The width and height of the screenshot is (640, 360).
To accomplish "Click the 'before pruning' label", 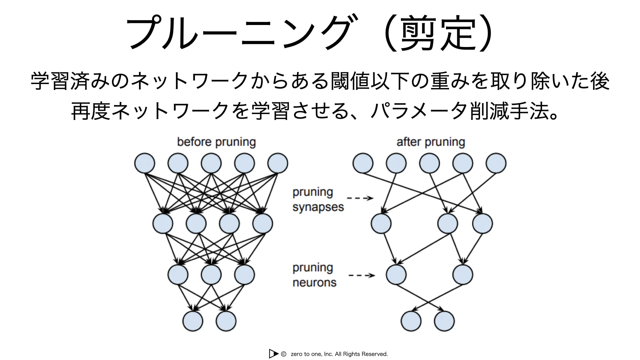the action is [x=216, y=142].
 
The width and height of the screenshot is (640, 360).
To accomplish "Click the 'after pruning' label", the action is [x=431, y=142].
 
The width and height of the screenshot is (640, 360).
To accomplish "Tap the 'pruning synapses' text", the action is [x=318, y=199].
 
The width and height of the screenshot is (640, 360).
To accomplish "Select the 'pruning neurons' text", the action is [x=314, y=275].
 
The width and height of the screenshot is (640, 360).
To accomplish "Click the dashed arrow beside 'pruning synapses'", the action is [x=360, y=198].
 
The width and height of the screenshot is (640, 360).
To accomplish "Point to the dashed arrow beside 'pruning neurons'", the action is [x=362, y=275].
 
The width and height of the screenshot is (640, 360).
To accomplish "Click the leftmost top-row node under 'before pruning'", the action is [x=145, y=163].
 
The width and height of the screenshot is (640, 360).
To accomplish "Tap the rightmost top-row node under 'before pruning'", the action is [x=278, y=163].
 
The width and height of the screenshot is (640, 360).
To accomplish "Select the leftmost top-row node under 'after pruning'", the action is [x=363, y=163].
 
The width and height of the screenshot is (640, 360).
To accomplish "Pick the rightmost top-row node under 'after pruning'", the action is [x=496, y=163].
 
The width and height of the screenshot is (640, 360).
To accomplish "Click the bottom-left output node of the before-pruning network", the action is [x=193, y=321].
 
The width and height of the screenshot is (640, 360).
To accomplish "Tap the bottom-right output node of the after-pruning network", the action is [x=444, y=321].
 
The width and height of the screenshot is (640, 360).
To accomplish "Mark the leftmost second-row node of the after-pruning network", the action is [x=381, y=223].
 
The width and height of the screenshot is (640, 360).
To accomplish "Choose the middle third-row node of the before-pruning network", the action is [x=211, y=274].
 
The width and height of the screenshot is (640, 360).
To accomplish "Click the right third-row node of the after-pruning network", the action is [x=463, y=274].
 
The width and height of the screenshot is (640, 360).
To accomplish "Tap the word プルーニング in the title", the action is [x=239, y=33].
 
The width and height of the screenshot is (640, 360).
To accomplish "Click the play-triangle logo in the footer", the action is [x=274, y=354].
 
